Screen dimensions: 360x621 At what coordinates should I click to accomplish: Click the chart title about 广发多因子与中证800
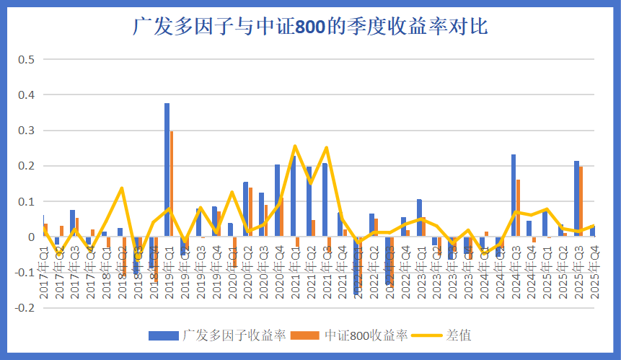[x=311, y=27]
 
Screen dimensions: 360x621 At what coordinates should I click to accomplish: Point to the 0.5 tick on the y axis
[x=27, y=59]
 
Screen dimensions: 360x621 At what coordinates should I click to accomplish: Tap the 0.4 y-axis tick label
[x=27, y=95]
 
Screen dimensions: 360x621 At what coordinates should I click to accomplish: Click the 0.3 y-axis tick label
[x=27, y=130]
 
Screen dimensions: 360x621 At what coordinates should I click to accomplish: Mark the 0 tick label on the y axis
[x=31, y=237]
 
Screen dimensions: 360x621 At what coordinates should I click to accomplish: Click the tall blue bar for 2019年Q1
[x=167, y=170]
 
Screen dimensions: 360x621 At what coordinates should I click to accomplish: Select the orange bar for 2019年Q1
[x=172, y=184]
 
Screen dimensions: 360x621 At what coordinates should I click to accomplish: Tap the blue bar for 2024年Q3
[x=514, y=196]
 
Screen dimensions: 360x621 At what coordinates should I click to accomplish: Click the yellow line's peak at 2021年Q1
[x=294, y=146]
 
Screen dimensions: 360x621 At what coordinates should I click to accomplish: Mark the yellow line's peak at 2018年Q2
[x=121, y=188]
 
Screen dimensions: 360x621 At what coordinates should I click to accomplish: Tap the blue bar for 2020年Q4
[x=277, y=201]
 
